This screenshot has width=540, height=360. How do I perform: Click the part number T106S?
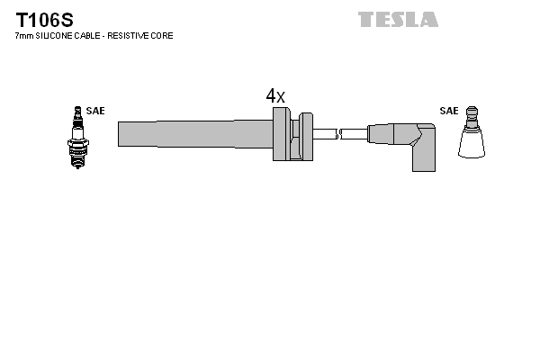(x=43, y=19)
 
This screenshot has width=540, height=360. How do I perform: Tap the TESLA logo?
(x=398, y=19)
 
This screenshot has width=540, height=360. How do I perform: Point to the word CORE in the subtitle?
(x=163, y=36)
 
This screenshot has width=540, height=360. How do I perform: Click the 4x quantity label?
(x=275, y=95)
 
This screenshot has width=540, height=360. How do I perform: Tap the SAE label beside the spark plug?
(x=95, y=111)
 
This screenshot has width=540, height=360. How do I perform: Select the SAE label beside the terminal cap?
(x=448, y=111)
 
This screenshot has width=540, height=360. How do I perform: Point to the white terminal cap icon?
(x=472, y=139)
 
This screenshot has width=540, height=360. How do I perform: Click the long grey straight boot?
(x=193, y=133)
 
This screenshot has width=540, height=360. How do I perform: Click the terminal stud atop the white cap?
(x=472, y=112)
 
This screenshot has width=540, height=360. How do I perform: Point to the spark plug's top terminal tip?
(x=76, y=109)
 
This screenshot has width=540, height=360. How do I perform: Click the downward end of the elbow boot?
(x=424, y=162)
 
